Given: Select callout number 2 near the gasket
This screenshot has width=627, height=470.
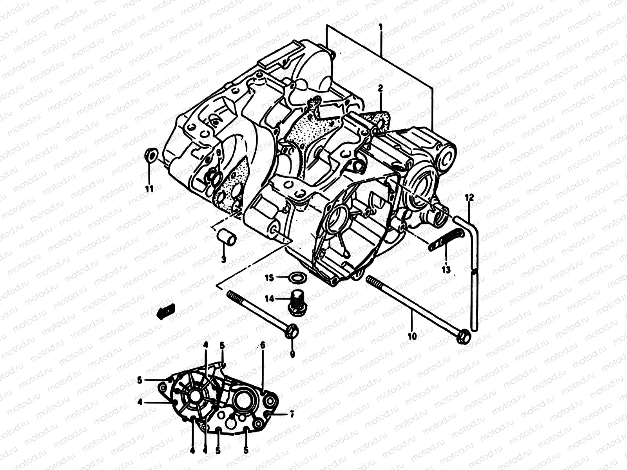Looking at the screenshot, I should click(380, 89).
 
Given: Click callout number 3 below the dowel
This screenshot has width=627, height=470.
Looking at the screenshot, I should click(223, 259).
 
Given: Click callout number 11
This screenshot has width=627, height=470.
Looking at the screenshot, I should click(149, 189).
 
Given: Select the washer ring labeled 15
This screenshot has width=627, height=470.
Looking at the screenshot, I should click(297, 278).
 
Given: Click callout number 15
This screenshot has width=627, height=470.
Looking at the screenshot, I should click(269, 278).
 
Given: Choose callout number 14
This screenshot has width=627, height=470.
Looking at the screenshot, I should click(269, 298).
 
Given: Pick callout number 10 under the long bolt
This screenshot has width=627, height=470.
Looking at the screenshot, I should click(412, 336).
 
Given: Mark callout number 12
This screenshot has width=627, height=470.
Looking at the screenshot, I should click(469, 198).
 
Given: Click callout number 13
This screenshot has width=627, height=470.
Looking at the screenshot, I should click(446, 269).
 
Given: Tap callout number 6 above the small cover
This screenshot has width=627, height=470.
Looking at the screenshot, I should click(263, 345).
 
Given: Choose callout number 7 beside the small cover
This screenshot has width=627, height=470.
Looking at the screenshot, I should click(292, 414).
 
